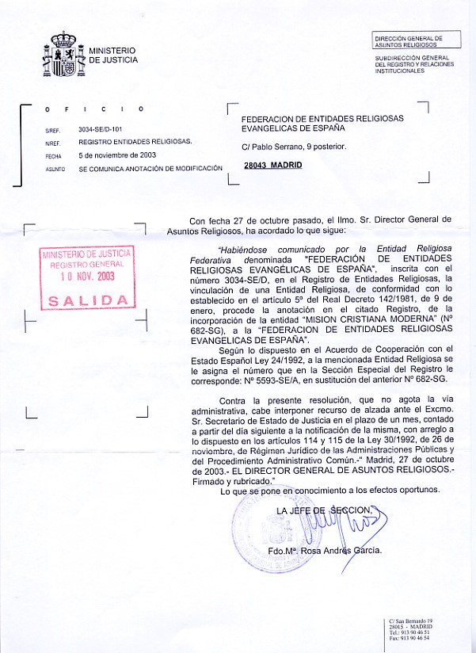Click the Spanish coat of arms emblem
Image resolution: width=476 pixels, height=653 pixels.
(63, 54)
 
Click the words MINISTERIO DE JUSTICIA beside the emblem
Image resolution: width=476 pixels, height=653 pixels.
(112, 55)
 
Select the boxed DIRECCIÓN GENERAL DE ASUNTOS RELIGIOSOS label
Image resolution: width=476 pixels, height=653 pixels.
(408, 41)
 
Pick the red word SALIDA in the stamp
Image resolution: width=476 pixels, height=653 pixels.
(88, 300)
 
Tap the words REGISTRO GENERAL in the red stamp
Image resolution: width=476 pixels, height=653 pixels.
(87, 264)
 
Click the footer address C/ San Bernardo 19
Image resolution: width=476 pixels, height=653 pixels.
(409, 621)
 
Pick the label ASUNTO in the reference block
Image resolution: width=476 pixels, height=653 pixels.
(55, 169)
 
